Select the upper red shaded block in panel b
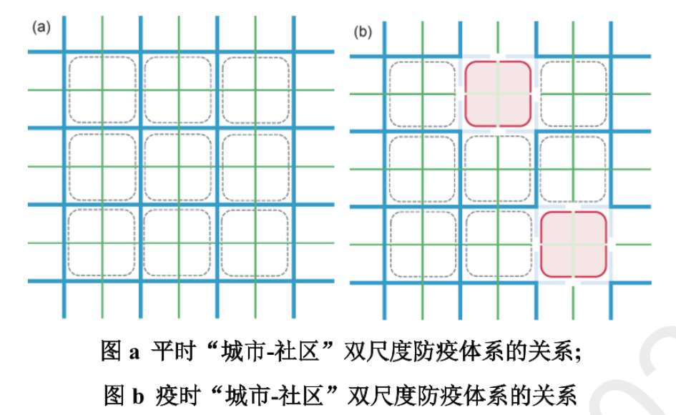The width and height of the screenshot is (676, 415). [498, 94]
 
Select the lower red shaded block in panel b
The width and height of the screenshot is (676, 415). [574, 244]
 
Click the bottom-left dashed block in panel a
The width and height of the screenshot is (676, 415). [102, 244]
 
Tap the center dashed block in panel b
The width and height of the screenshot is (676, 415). [498, 170]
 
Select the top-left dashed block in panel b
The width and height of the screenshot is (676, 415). [422, 94]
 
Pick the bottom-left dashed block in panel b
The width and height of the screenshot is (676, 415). [422, 244]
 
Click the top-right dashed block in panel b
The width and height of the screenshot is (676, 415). [574, 94]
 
